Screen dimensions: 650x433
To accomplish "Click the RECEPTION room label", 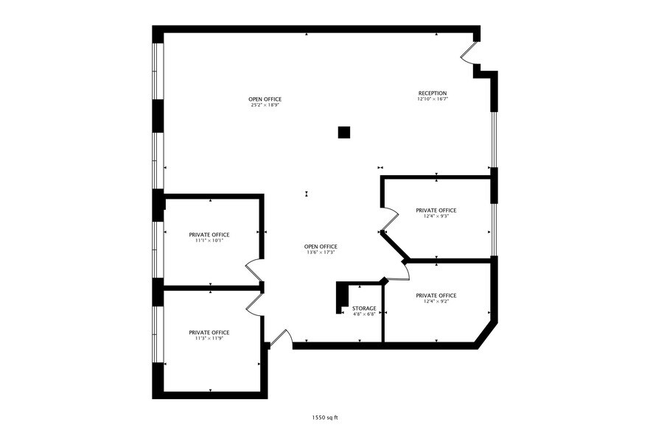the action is click(x=433, y=94).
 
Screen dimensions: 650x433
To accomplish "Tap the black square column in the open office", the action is click(x=344, y=132).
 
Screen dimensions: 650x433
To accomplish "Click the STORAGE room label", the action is click(x=364, y=309).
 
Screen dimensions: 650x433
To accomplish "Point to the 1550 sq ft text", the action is click(x=325, y=418).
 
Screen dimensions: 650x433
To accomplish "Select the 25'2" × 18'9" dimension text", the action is click(x=265, y=105).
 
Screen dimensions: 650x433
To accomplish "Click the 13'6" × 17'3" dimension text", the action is click(x=321, y=252).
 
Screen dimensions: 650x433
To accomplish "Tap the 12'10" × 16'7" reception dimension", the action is click(x=433, y=99).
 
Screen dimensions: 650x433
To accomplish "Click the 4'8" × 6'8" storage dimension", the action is click(x=364, y=314).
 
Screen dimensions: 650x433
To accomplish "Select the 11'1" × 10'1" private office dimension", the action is click(x=209, y=240).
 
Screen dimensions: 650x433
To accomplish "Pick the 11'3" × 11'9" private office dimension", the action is click(x=209, y=338).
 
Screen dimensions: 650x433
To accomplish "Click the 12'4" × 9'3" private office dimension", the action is click(x=436, y=216).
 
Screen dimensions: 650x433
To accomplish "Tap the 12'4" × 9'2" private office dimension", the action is click(x=436, y=301).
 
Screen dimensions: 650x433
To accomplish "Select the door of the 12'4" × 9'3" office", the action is click(x=390, y=219).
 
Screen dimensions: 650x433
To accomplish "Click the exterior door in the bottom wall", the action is click(x=281, y=337).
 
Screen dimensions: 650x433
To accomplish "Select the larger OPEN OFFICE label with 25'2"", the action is click(x=265, y=99).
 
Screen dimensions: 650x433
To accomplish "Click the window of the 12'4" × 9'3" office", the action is click(x=494, y=230).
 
